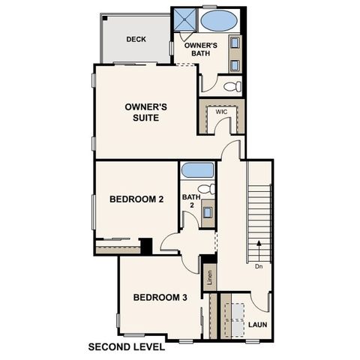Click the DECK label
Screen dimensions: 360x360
[136, 40]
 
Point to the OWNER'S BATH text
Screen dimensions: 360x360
[201, 49]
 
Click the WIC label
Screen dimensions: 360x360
[221, 112]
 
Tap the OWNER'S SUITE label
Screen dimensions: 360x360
[145, 112]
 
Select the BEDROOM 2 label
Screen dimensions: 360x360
[136, 199]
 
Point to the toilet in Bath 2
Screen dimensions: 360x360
[206, 188]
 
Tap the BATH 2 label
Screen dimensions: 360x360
[190, 201]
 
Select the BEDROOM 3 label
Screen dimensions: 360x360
[160, 298]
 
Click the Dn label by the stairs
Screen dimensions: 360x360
[257, 265]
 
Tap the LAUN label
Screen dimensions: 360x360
[258, 325]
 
